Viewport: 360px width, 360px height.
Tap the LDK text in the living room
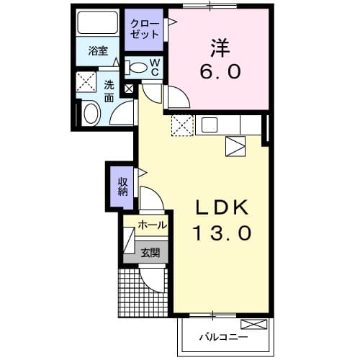pos(222,208)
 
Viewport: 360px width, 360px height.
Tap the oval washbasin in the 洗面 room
pos(91,113)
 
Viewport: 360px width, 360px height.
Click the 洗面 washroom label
pos(109,89)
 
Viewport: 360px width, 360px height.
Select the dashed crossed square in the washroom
pos(87,82)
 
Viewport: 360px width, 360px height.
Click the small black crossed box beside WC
pos(129,89)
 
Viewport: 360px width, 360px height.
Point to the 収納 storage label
pos(123,184)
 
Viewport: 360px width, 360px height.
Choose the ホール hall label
pos(152,225)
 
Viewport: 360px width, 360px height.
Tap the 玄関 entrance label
pos(151,252)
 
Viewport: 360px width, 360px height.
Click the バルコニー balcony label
pos(222,336)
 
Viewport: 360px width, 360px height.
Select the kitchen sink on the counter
pos(209,125)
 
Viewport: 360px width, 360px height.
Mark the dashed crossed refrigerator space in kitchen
pos(181,125)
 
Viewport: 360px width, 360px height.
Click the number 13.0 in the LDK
pos(222,233)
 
